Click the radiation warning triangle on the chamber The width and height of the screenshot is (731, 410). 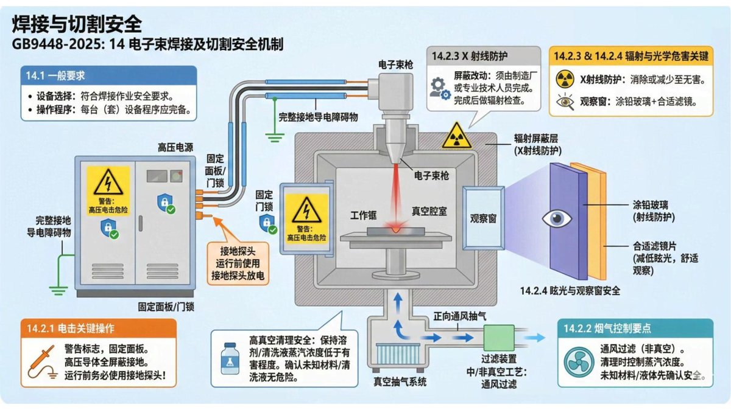click(456, 136)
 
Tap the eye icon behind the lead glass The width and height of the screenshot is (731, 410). click(557, 219)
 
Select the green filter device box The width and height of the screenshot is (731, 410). click(499, 338)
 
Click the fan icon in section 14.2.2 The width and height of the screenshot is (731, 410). click(579, 362)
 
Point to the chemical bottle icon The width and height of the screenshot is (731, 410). click(230, 358)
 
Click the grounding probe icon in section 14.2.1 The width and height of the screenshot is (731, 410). click(42, 363)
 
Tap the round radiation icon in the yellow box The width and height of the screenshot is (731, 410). click(565, 79)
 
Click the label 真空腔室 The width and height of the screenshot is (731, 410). click(429, 212)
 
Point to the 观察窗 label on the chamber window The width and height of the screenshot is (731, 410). click(483, 218)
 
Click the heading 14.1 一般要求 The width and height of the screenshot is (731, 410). click(55, 75)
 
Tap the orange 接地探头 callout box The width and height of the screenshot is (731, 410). click(238, 263)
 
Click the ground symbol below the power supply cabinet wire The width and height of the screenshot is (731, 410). click(58, 290)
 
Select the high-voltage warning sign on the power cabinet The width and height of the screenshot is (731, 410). click(108, 190)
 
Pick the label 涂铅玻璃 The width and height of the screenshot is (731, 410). click(651, 205)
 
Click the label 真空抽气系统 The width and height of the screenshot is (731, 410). click(400, 381)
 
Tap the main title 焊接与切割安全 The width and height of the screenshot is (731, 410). click(77, 24)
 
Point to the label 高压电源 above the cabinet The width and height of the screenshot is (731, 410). click(175, 148)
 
